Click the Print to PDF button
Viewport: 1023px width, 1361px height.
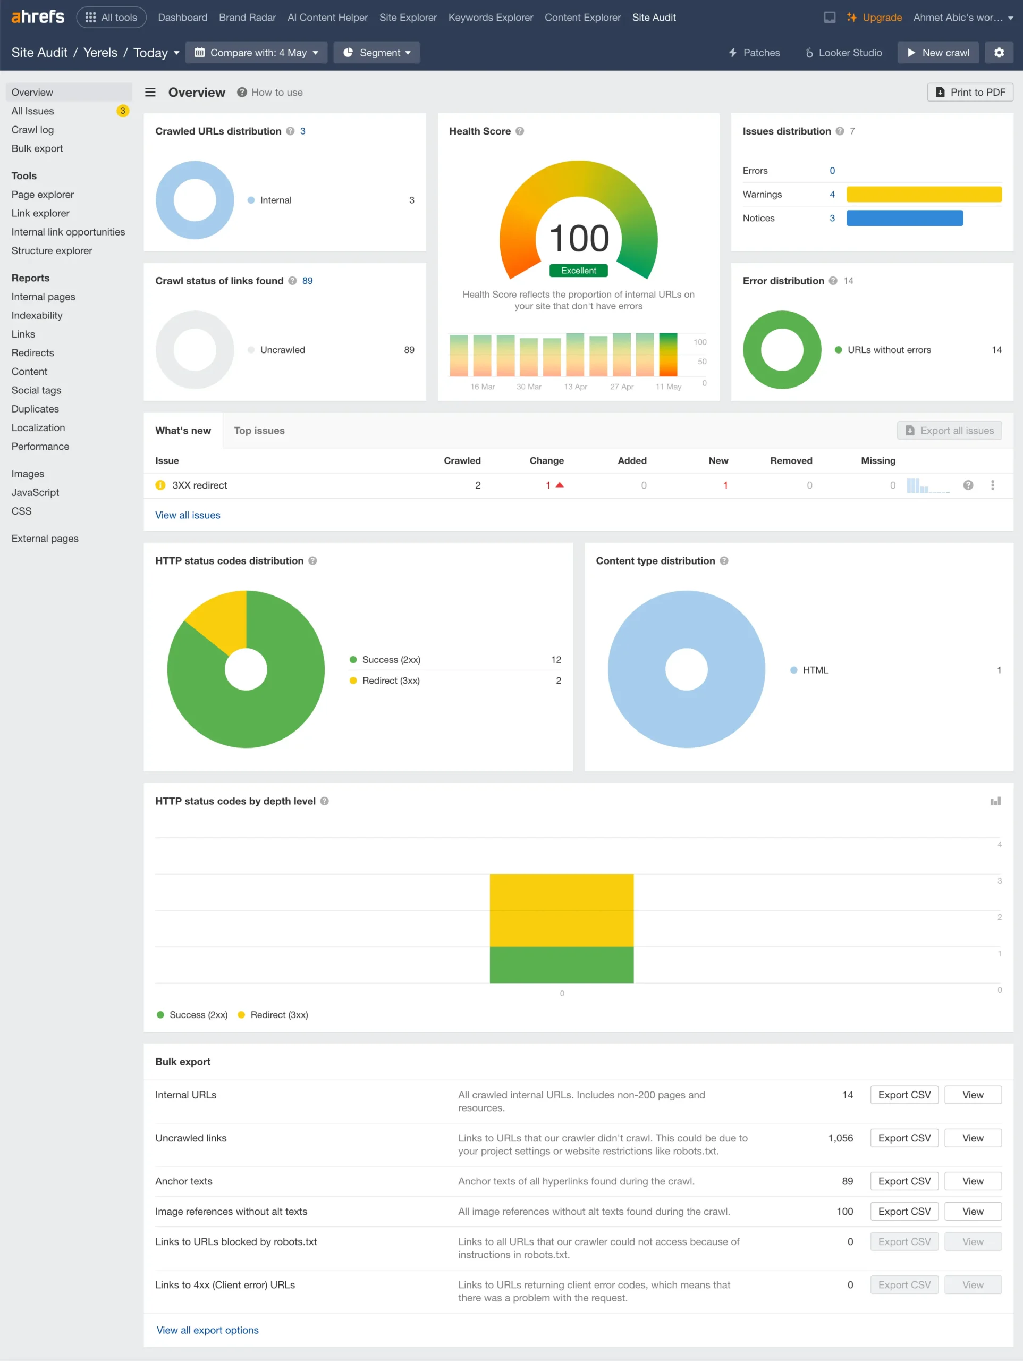[969, 93]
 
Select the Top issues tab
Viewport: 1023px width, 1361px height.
[259, 431]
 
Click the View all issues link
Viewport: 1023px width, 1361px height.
[188, 515]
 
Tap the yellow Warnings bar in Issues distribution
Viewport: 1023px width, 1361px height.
[923, 195]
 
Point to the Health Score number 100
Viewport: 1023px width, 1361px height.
[578, 239]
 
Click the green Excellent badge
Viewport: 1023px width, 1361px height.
[578, 271]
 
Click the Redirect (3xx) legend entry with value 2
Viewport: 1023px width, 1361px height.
[391, 680]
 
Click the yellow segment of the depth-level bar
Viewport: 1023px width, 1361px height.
[561, 910]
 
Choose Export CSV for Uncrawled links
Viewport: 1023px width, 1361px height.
[903, 1138]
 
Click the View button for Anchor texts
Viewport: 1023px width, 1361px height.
[972, 1181]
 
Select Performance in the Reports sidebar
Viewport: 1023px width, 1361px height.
[40, 447]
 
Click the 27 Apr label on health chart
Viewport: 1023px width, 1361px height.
[621, 387]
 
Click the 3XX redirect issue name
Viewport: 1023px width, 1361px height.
[199, 485]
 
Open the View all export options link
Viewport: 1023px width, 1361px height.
[207, 1330]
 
